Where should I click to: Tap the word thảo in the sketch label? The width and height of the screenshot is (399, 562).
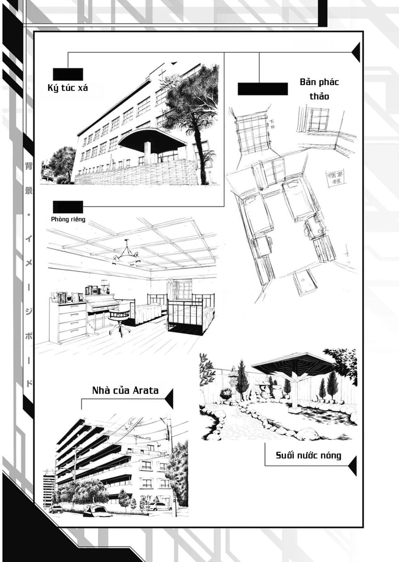pyautogui.click(x=319, y=96)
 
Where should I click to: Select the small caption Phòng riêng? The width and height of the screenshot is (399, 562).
pyautogui.click(x=68, y=219)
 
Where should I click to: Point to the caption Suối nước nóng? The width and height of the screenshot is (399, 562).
pyautogui.click(x=308, y=455)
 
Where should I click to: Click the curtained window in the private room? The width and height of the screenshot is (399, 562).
pyautogui.click(x=182, y=290)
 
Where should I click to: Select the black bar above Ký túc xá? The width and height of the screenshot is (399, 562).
pyautogui.click(x=68, y=74)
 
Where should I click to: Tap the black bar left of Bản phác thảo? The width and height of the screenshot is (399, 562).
pyautogui.click(x=263, y=89)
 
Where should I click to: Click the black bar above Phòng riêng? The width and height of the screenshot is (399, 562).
pyautogui.click(x=68, y=207)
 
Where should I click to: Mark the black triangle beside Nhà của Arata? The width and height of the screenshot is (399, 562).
pyautogui.click(x=169, y=398)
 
